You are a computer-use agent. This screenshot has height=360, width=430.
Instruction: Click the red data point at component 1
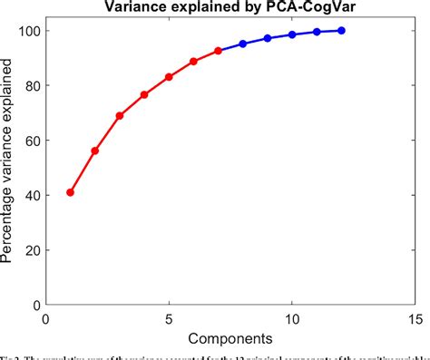pos(70,192)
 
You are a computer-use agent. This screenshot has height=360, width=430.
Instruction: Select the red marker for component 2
pos(94,151)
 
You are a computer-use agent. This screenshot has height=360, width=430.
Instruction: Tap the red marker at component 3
pos(120,116)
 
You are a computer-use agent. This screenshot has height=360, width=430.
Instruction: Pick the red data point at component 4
pos(144,94)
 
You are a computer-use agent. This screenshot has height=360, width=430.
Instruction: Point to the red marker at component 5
pos(169,77)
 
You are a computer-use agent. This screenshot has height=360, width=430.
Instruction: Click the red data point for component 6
pos(193,62)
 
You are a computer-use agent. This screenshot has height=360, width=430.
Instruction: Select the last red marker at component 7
pos(218,51)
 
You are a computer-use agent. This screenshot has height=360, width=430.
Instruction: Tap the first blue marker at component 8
pos(243,44)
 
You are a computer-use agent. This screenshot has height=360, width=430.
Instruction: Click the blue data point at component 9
pos(268,38)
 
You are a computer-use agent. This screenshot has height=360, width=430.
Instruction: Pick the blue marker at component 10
pos(292,34)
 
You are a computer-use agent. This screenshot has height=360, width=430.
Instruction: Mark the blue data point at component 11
pos(317,32)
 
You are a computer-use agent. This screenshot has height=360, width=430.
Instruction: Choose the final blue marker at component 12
pos(341,31)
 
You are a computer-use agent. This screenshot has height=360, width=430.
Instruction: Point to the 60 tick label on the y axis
pos(30,141)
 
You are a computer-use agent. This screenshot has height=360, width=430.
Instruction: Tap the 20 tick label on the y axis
pos(30,250)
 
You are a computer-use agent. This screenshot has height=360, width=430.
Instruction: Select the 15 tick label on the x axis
pos(415,319)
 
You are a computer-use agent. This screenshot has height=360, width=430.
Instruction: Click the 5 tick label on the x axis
pos(169,319)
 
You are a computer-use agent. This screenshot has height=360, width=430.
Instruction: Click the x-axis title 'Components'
pos(230,338)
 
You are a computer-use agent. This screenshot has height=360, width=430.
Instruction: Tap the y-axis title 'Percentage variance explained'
pos(9,168)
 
